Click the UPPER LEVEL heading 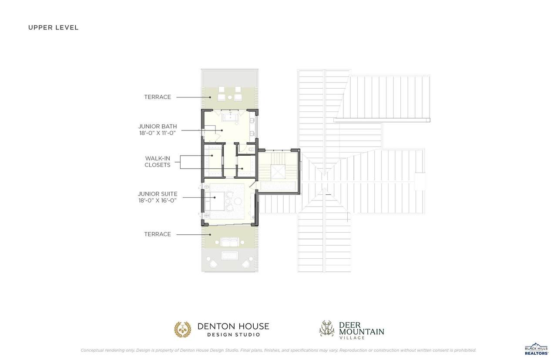(x=54, y=27)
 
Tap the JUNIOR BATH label (x=158, y=127)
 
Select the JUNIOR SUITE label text (x=158, y=194)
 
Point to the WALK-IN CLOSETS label (x=158, y=161)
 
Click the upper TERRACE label (x=158, y=97)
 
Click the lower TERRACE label (x=158, y=234)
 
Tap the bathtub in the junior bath (x=230, y=117)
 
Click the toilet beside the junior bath (x=252, y=149)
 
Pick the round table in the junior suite (x=238, y=201)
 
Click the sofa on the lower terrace (x=230, y=242)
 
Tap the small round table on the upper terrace (x=230, y=97)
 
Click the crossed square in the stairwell (x=278, y=171)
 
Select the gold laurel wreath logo (x=183, y=330)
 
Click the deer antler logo (x=327, y=328)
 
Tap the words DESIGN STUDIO (x=234, y=335)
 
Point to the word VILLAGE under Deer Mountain (x=352, y=338)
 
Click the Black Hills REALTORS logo (x=537, y=350)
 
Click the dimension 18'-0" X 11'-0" (x=158, y=133)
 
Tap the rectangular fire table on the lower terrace (x=230, y=255)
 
